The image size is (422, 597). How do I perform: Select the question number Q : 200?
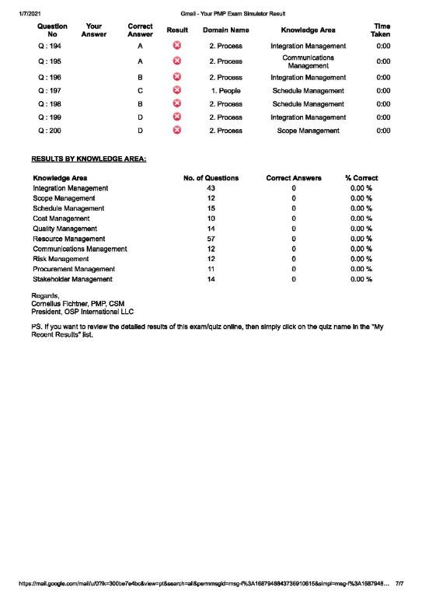(51, 131)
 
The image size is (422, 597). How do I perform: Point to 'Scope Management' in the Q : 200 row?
(308, 131)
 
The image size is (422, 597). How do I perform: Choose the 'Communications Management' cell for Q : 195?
(308, 61)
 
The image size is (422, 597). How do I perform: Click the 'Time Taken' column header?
(381, 30)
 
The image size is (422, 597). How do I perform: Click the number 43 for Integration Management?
(211, 188)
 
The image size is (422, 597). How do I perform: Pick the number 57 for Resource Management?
(211, 239)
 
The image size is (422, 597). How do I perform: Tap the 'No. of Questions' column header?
(211, 178)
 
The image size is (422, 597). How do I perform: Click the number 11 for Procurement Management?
(211, 268)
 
